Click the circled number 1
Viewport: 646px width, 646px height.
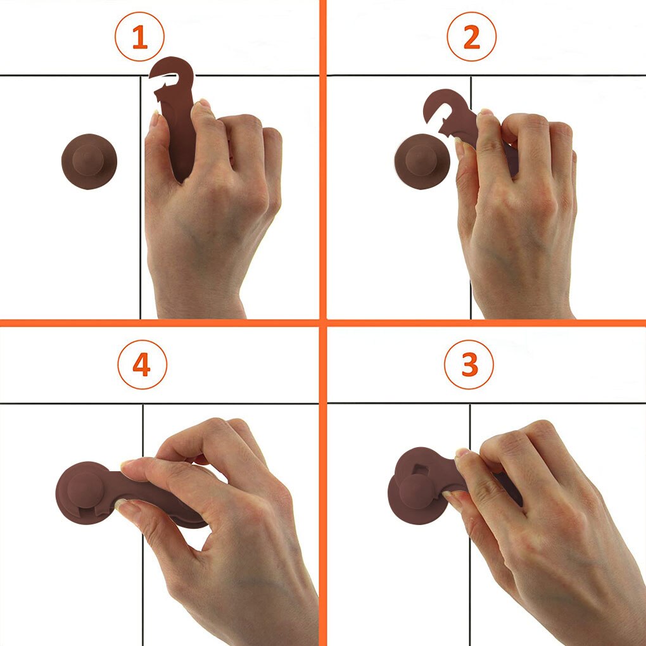tap(140, 37)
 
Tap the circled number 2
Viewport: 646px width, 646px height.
tap(471, 37)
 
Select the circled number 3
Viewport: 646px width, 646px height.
tap(469, 365)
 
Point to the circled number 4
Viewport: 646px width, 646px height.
tap(142, 365)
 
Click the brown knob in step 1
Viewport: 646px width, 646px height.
tap(89, 161)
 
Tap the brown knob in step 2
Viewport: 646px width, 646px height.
tap(421, 161)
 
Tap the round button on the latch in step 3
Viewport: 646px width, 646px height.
tap(417, 491)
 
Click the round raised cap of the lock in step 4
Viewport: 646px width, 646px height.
tap(85, 490)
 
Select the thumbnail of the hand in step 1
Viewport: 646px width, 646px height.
tap(155, 118)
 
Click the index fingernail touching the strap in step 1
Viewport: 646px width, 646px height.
tap(203, 103)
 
